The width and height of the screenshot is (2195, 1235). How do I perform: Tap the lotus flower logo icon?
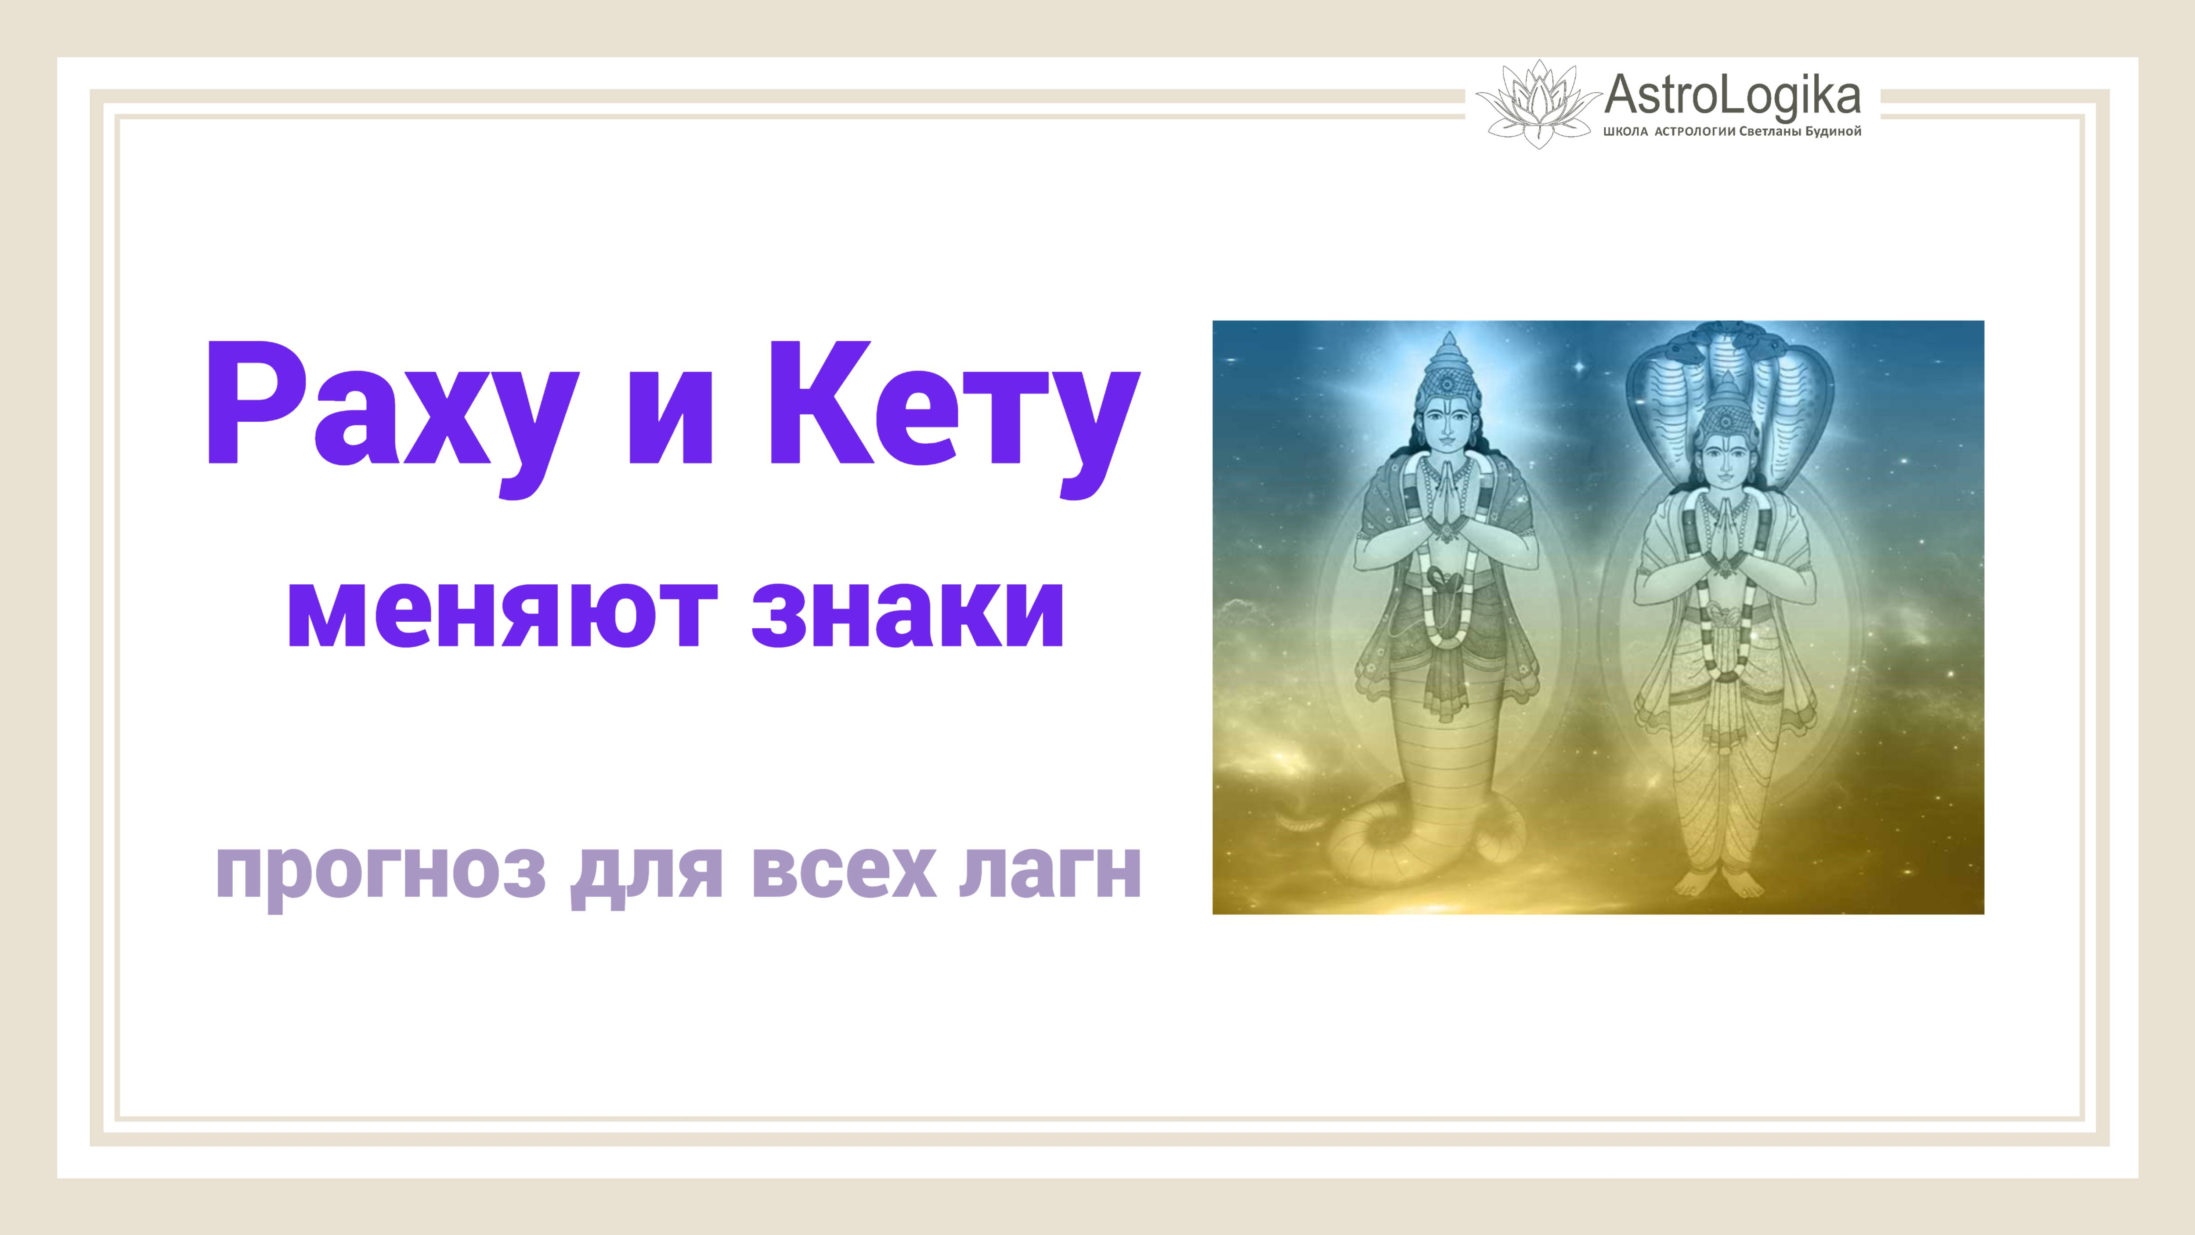1538,104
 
